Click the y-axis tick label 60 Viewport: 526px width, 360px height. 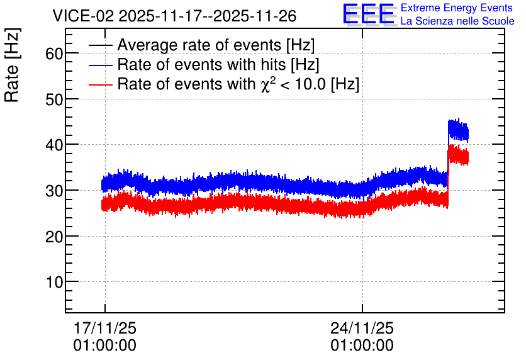click(x=54, y=53)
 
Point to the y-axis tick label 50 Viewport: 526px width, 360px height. click(x=54, y=99)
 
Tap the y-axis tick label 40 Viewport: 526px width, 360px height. click(x=54, y=145)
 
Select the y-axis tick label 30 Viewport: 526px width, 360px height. click(x=54, y=191)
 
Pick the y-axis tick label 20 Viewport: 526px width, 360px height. click(x=54, y=237)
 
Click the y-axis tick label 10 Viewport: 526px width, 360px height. click(x=54, y=283)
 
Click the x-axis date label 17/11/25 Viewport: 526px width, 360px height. click(x=104, y=328)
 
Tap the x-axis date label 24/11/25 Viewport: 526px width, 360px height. click(x=362, y=328)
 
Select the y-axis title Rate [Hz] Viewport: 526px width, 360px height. click(x=12, y=65)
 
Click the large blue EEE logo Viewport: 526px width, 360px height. click(x=369, y=14)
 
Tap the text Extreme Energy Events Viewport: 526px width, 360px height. click(x=457, y=8)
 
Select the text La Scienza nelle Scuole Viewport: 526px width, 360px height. click(x=457, y=21)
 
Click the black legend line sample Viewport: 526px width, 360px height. click(x=100, y=45)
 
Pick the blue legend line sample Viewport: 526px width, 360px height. click(x=100, y=65)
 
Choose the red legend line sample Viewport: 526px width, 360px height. click(x=100, y=84)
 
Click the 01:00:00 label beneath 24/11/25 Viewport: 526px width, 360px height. click(x=362, y=346)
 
